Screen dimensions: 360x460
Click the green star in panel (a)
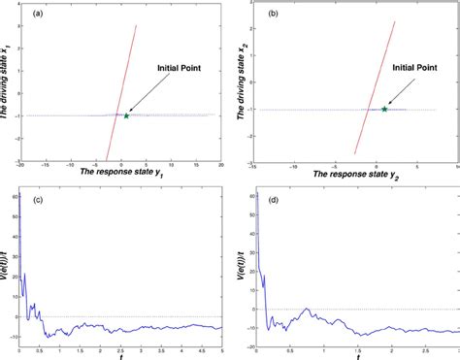[x=126, y=115]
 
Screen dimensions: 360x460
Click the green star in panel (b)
[x=384, y=109]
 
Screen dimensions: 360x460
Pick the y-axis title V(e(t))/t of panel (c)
[x=8, y=266]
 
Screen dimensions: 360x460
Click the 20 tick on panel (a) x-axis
[x=221, y=166]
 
